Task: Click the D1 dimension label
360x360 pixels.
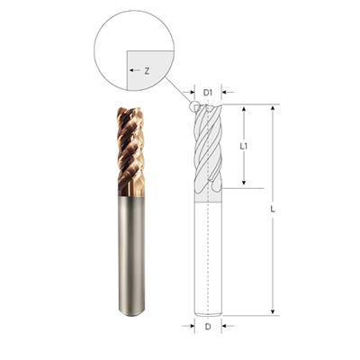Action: [x=208, y=93]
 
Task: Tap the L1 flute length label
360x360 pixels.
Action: [x=244, y=147]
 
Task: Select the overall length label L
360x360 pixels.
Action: [x=273, y=210]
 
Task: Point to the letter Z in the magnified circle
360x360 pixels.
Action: [x=147, y=71]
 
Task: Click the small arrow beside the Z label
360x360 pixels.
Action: [x=135, y=70]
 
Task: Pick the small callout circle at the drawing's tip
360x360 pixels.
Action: [x=194, y=107]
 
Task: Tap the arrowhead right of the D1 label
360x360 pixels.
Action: [x=224, y=93]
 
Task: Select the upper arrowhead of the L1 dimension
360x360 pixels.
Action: [x=244, y=109]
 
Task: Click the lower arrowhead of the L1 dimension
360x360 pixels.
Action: [x=244, y=182]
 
